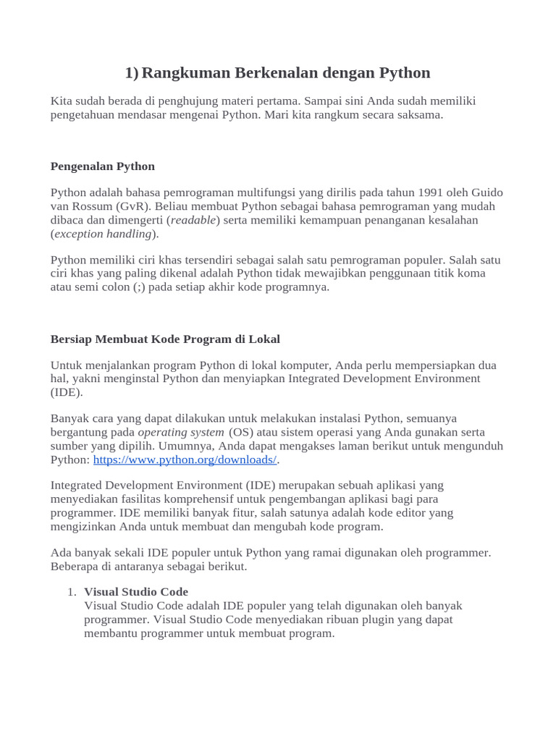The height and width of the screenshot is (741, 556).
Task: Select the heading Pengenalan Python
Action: point(102,166)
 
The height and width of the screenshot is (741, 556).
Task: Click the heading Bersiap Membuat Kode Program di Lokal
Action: point(164,339)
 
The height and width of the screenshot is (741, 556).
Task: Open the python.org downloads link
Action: point(185,460)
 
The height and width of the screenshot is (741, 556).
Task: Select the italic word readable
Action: point(193,220)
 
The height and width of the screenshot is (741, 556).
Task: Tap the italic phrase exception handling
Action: point(103,234)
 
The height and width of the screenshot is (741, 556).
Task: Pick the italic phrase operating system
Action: point(181,433)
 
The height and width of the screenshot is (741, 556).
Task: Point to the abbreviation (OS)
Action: point(242,433)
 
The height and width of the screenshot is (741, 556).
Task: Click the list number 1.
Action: point(72,592)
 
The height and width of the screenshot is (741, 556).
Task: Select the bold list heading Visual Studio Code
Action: point(136,592)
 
